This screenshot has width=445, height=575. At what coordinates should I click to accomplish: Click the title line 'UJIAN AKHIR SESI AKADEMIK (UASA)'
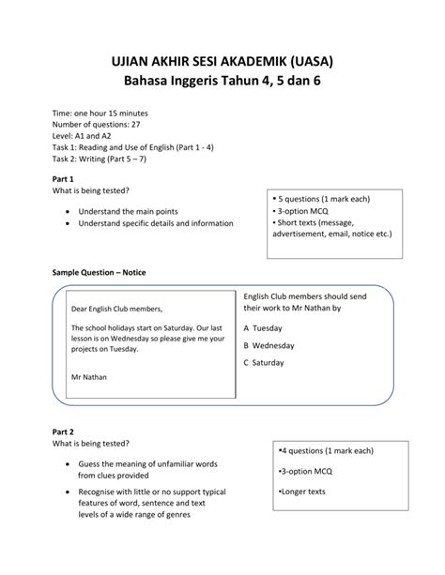click(222, 63)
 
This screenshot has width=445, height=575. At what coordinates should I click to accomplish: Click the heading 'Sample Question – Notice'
click(99, 272)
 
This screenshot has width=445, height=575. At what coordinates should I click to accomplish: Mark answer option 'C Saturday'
click(264, 361)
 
